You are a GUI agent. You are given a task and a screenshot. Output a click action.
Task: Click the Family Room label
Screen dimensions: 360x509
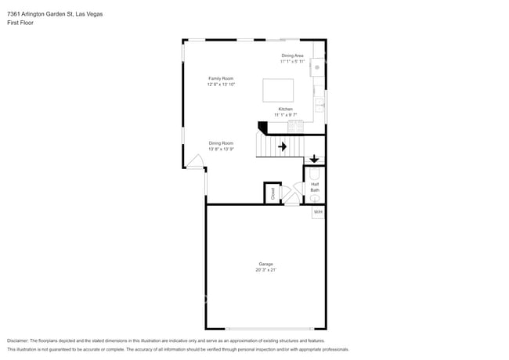[x=220, y=78]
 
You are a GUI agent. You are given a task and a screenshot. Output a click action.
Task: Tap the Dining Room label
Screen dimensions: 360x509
[x=221, y=143]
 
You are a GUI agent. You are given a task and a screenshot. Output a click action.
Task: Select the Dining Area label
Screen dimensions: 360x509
[x=293, y=56]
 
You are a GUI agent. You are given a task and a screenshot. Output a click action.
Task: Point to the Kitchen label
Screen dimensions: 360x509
[x=285, y=109]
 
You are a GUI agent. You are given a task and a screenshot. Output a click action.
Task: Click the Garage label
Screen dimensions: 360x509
[x=265, y=264]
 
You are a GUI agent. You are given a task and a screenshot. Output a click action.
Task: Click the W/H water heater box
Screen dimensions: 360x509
[x=318, y=212]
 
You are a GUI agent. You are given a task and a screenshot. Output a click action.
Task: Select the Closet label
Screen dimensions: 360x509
[x=273, y=193]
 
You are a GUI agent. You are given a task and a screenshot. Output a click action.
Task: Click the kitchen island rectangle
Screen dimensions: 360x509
[x=277, y=90]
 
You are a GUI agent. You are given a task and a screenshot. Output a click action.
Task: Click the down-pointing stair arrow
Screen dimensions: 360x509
[x=314, y=159]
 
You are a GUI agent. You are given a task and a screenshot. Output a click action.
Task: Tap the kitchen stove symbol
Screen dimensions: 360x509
[x=295, y=125]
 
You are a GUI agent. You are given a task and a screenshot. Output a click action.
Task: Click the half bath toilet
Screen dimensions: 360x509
[x=315, y=175]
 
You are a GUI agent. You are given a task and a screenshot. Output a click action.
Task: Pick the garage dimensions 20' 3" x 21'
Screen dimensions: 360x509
[x=265, y=270]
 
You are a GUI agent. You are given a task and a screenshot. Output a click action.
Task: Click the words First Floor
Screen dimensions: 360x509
[x=20, y=23]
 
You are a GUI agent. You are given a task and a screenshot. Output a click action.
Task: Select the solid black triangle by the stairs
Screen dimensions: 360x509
[x=262, y=126]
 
